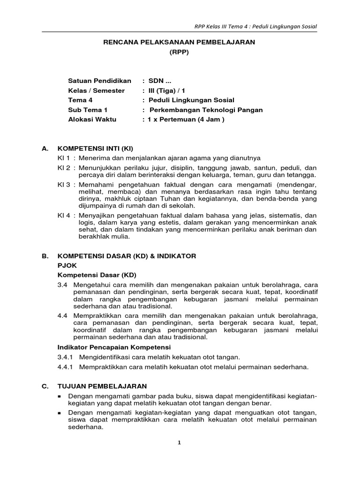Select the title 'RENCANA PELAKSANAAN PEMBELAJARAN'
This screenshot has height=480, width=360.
point(179,42)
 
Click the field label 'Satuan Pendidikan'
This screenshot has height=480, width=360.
point(99,81)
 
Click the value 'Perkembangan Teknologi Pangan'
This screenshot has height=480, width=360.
point(206,110)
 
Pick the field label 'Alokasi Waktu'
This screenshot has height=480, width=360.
point(92,119)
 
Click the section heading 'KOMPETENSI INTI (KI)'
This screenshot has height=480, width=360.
point(95,148)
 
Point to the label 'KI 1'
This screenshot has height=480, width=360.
point(63,157)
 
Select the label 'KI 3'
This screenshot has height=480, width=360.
point(63,185)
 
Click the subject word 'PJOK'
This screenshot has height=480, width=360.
point(66,265)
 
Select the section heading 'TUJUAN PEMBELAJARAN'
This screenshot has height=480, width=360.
point(102,386)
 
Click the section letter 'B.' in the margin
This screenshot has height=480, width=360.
point(45,256)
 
